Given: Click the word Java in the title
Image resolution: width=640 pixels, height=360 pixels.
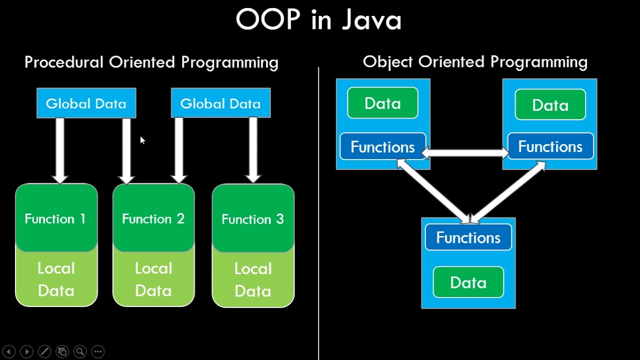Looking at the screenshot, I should coord(371,21).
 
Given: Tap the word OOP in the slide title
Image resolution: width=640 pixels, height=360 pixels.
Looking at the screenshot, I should coord(267,21).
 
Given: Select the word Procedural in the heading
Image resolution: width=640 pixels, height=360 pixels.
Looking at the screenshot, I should coord(64,62).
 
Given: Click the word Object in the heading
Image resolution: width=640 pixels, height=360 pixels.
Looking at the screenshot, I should coord(388,62).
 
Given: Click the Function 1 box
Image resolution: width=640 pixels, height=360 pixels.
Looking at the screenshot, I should coord(56,218).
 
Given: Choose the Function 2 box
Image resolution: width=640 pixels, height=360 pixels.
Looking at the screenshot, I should coord(153,218).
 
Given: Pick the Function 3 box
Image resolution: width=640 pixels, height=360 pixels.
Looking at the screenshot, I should coord(253,219).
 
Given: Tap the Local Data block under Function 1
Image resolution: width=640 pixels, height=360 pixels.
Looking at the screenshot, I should coord(56,279).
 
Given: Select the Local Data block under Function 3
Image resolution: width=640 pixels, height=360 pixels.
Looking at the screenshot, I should coord(253,279).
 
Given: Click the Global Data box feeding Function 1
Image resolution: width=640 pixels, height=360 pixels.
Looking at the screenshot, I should coord(86,103).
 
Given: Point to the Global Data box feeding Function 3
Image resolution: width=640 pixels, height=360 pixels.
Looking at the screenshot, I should coord(220,103).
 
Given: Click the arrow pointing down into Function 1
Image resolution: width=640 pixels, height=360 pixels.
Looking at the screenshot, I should coord(60,150).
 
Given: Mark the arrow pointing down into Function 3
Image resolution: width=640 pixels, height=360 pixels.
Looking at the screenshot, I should coord(253,150).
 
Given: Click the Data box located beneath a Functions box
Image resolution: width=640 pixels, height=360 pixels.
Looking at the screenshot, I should coord(468,282).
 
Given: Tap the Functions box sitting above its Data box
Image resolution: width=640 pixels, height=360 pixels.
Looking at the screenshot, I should coord(468,237).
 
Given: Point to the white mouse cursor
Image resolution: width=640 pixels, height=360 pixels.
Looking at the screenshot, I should coord(142,140).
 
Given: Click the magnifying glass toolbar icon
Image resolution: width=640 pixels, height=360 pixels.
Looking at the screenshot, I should coord(79,351).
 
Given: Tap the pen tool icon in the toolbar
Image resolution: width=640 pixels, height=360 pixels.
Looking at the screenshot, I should coord(44,351).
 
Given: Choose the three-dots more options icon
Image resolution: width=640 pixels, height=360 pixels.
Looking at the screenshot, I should coord(97,351).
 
